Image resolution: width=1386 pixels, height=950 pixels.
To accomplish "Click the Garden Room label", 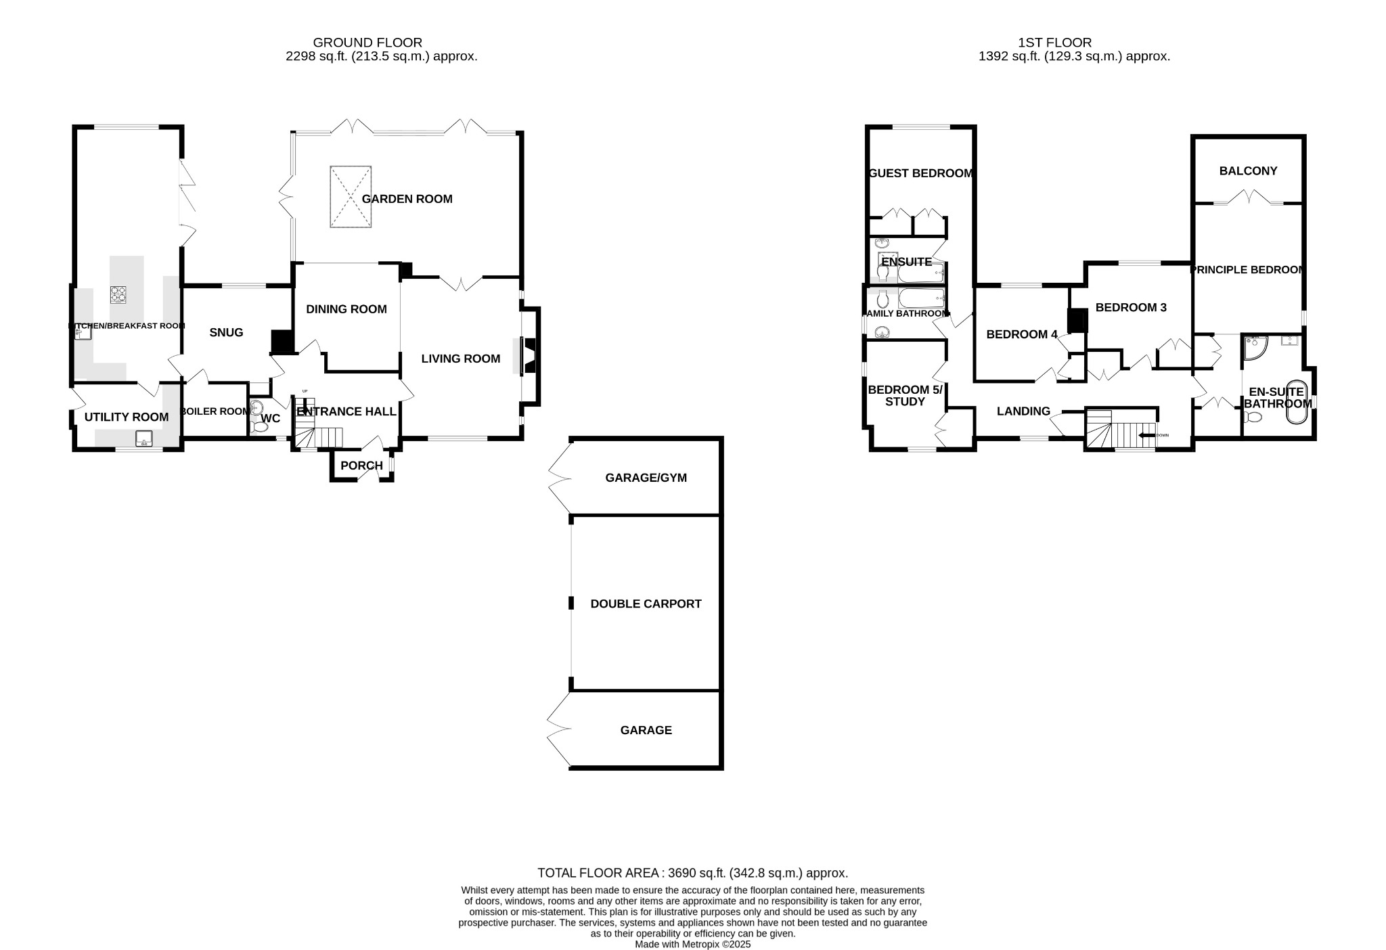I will pyautogui.click(x=407, y=199).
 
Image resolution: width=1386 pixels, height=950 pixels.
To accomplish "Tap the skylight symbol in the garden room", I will pyautogui.click(x=351, y=197).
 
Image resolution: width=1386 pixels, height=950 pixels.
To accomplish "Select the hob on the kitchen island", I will pyautogui.click(x=118, y=294).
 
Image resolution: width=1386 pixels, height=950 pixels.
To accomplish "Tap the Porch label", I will pyautogui.click(x=361, y=466).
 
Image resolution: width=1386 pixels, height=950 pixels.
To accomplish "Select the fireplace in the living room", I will pyautogui.click(x=529, y=357).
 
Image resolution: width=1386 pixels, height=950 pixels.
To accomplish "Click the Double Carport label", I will pyautogui.click(x=646, y=604).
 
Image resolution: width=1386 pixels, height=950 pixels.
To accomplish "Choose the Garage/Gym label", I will pyautogui.click(x=646, y=478).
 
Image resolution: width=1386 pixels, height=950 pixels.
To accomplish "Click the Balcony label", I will pyautogui.click(x=1248, y=171).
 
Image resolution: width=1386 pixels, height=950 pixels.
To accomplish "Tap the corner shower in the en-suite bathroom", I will pyautogui.click(x=1255, y=347).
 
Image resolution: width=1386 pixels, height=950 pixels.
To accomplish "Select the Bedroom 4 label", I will pyautogui.click(x=1021, y=334).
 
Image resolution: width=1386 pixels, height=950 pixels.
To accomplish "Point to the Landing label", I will pyautogui.click(x=1023, y=411).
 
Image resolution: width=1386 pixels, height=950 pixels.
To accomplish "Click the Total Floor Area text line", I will pyautogui.click(x=692, y=873).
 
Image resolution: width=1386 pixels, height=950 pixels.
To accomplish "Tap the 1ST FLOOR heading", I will pyautogui.click(x=1055, y=43).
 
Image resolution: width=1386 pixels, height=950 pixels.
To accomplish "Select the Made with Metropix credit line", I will pyautogui.click(x=692, y=945).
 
